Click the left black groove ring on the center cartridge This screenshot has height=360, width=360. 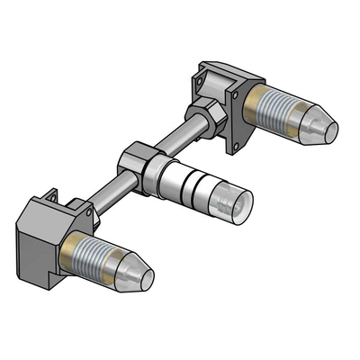179,184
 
